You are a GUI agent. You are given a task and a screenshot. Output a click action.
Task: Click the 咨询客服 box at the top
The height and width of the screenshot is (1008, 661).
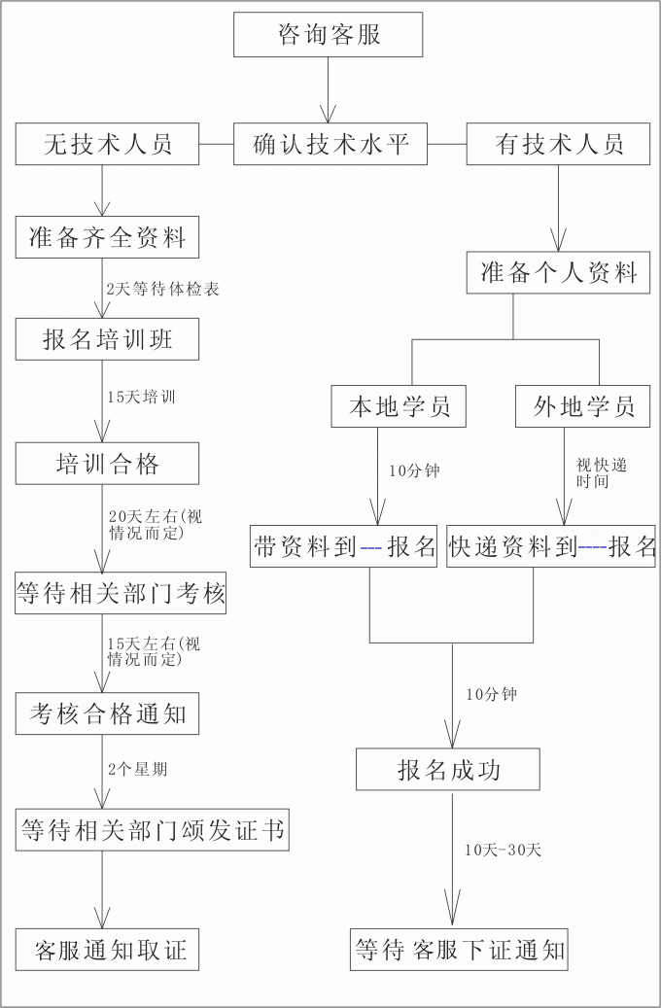click(328, 35)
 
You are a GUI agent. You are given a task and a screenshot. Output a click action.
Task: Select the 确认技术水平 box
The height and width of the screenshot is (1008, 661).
click(330, 144)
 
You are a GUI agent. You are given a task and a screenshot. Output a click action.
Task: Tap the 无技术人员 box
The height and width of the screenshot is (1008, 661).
click(107, 144)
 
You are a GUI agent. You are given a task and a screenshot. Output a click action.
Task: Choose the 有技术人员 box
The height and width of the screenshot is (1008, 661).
click(559, 144)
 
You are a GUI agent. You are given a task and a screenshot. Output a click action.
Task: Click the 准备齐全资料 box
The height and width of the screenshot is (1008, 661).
click(107, 237)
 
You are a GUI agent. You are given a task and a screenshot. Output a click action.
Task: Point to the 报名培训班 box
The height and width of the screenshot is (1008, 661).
click(107, 339)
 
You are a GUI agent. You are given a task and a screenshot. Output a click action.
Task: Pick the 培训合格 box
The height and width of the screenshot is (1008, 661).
click(107, 464)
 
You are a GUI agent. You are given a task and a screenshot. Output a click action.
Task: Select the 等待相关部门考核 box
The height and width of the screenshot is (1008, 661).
click(121, 593)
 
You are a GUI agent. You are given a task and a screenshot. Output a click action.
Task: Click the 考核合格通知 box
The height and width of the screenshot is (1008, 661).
click(107, 713)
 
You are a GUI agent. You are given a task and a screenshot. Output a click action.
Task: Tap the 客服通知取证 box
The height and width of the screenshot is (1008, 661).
click(107, 950)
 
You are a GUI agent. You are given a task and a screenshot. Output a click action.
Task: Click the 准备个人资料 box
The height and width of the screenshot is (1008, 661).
click(559, 273)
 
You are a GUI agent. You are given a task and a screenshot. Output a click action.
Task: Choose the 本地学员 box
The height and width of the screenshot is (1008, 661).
click(399, 406)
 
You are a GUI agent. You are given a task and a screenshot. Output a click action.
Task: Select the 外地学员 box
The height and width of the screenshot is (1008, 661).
click(583, 406)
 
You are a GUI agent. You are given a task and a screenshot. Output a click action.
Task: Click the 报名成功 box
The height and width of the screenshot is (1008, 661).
click(448, 770)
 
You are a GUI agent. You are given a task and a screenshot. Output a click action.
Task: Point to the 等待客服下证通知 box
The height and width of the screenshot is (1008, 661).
click(459, 950)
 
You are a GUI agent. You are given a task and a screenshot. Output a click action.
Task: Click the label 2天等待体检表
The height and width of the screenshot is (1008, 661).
click(163, 290)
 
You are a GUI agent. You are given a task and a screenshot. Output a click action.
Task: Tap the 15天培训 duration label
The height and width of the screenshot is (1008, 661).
click(142, 397)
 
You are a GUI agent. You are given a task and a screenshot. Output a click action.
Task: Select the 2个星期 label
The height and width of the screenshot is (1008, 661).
click(138, 769)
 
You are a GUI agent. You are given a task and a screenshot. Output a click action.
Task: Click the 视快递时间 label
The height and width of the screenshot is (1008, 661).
click(601, 473)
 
